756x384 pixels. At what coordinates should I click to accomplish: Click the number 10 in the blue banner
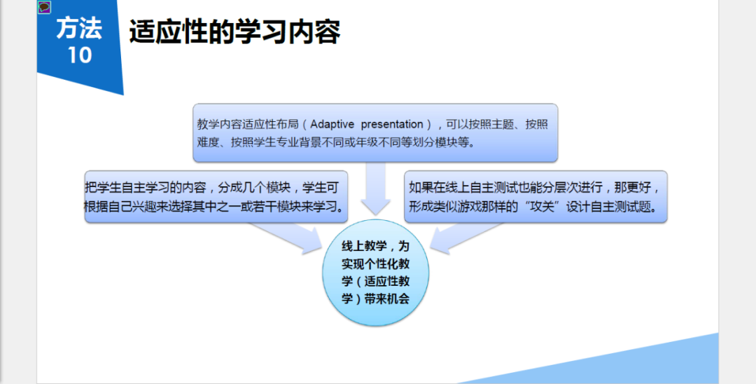click(80, 55)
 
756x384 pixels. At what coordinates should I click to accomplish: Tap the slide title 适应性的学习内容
click(234, 32)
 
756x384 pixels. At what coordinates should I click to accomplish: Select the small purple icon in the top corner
click(44, 7)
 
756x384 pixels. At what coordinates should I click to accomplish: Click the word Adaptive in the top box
click(332, 125)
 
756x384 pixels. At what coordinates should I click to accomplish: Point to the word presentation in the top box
click(392, 125)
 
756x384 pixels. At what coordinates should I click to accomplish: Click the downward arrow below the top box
click(376, 188)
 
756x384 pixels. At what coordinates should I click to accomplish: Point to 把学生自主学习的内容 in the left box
click(146, 188)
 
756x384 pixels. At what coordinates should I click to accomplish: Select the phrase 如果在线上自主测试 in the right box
click(464, 188)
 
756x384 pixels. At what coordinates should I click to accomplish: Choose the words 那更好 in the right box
click(631, 188)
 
